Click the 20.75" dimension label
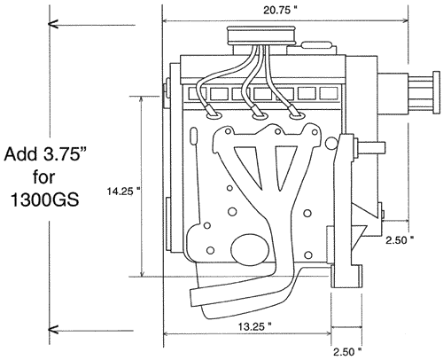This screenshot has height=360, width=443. (x=280, y=11)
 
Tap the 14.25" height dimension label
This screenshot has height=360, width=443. (x=123, y=192)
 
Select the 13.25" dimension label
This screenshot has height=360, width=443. (x=255, y=326)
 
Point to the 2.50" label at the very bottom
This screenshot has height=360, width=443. (x=347, y=352)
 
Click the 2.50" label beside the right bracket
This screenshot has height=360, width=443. (x=400, y=240)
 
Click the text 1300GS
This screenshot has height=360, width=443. (x=45, y=200)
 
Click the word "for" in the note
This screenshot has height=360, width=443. (x=44, y=177)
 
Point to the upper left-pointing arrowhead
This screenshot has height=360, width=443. (x=53, y=24)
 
